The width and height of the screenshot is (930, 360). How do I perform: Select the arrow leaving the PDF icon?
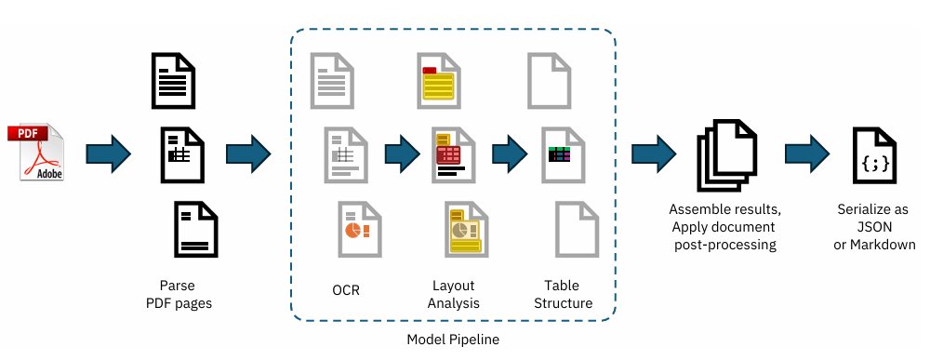[109, 152]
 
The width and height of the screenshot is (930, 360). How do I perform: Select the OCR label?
[345, 290]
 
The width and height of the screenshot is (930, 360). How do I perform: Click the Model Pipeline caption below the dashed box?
[453, 340]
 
